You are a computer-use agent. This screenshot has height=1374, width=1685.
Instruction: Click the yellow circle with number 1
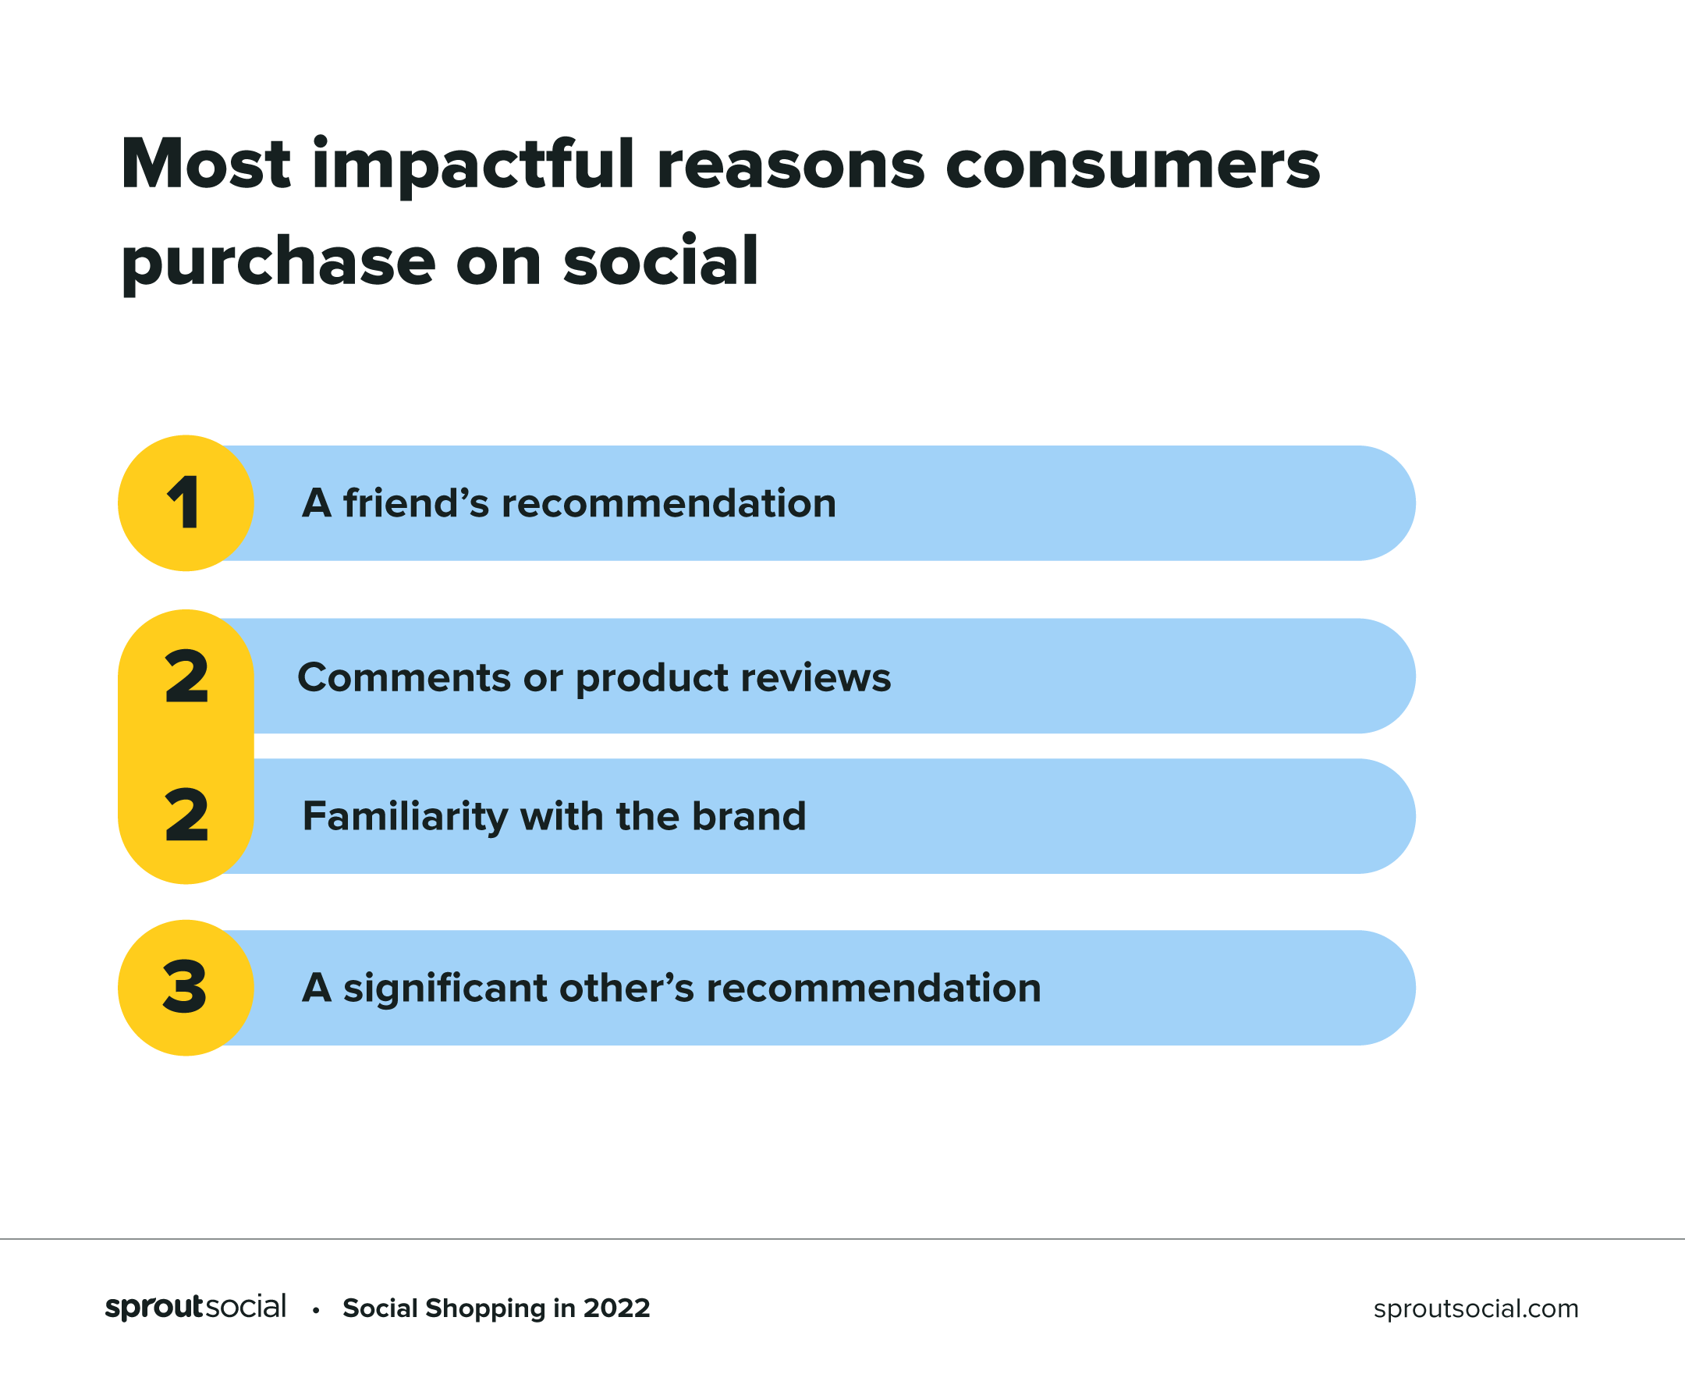tap(186, 503)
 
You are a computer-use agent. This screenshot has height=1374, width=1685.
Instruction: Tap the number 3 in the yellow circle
tap(185, 987)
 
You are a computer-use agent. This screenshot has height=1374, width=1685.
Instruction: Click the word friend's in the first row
tap(417, 502)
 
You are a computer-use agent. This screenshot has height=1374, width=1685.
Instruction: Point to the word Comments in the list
tap(404, 677)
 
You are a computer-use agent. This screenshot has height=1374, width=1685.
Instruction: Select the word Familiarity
tap(405, 817)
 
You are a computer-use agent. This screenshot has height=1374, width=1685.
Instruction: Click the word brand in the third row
tap(749, 816)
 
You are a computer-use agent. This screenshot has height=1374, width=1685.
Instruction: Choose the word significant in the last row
tap(445, 989)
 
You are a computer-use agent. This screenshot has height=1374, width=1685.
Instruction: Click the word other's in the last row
tap(626, 988)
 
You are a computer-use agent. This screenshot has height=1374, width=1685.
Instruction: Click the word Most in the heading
tap(206, 165)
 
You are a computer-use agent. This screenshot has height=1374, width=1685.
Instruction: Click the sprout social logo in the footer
tap(196, 1307)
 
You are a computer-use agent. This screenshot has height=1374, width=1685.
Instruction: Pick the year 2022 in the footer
tap(616, 1308)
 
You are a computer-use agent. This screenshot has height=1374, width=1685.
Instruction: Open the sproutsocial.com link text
tap(1476, 1308)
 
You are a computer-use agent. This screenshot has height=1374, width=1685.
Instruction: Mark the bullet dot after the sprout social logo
tap(316, 1311)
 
